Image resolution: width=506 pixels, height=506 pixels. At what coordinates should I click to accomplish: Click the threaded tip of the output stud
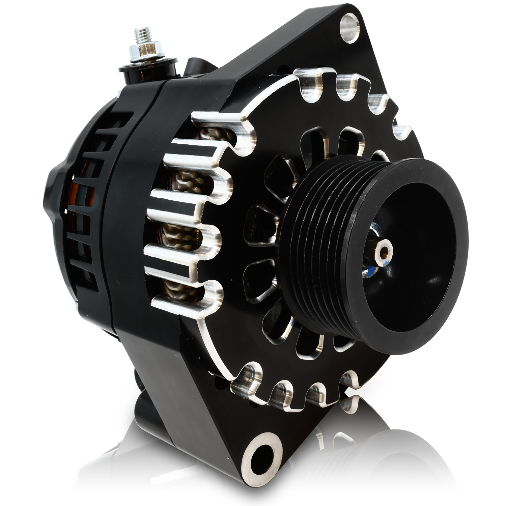[x=140, y=35]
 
